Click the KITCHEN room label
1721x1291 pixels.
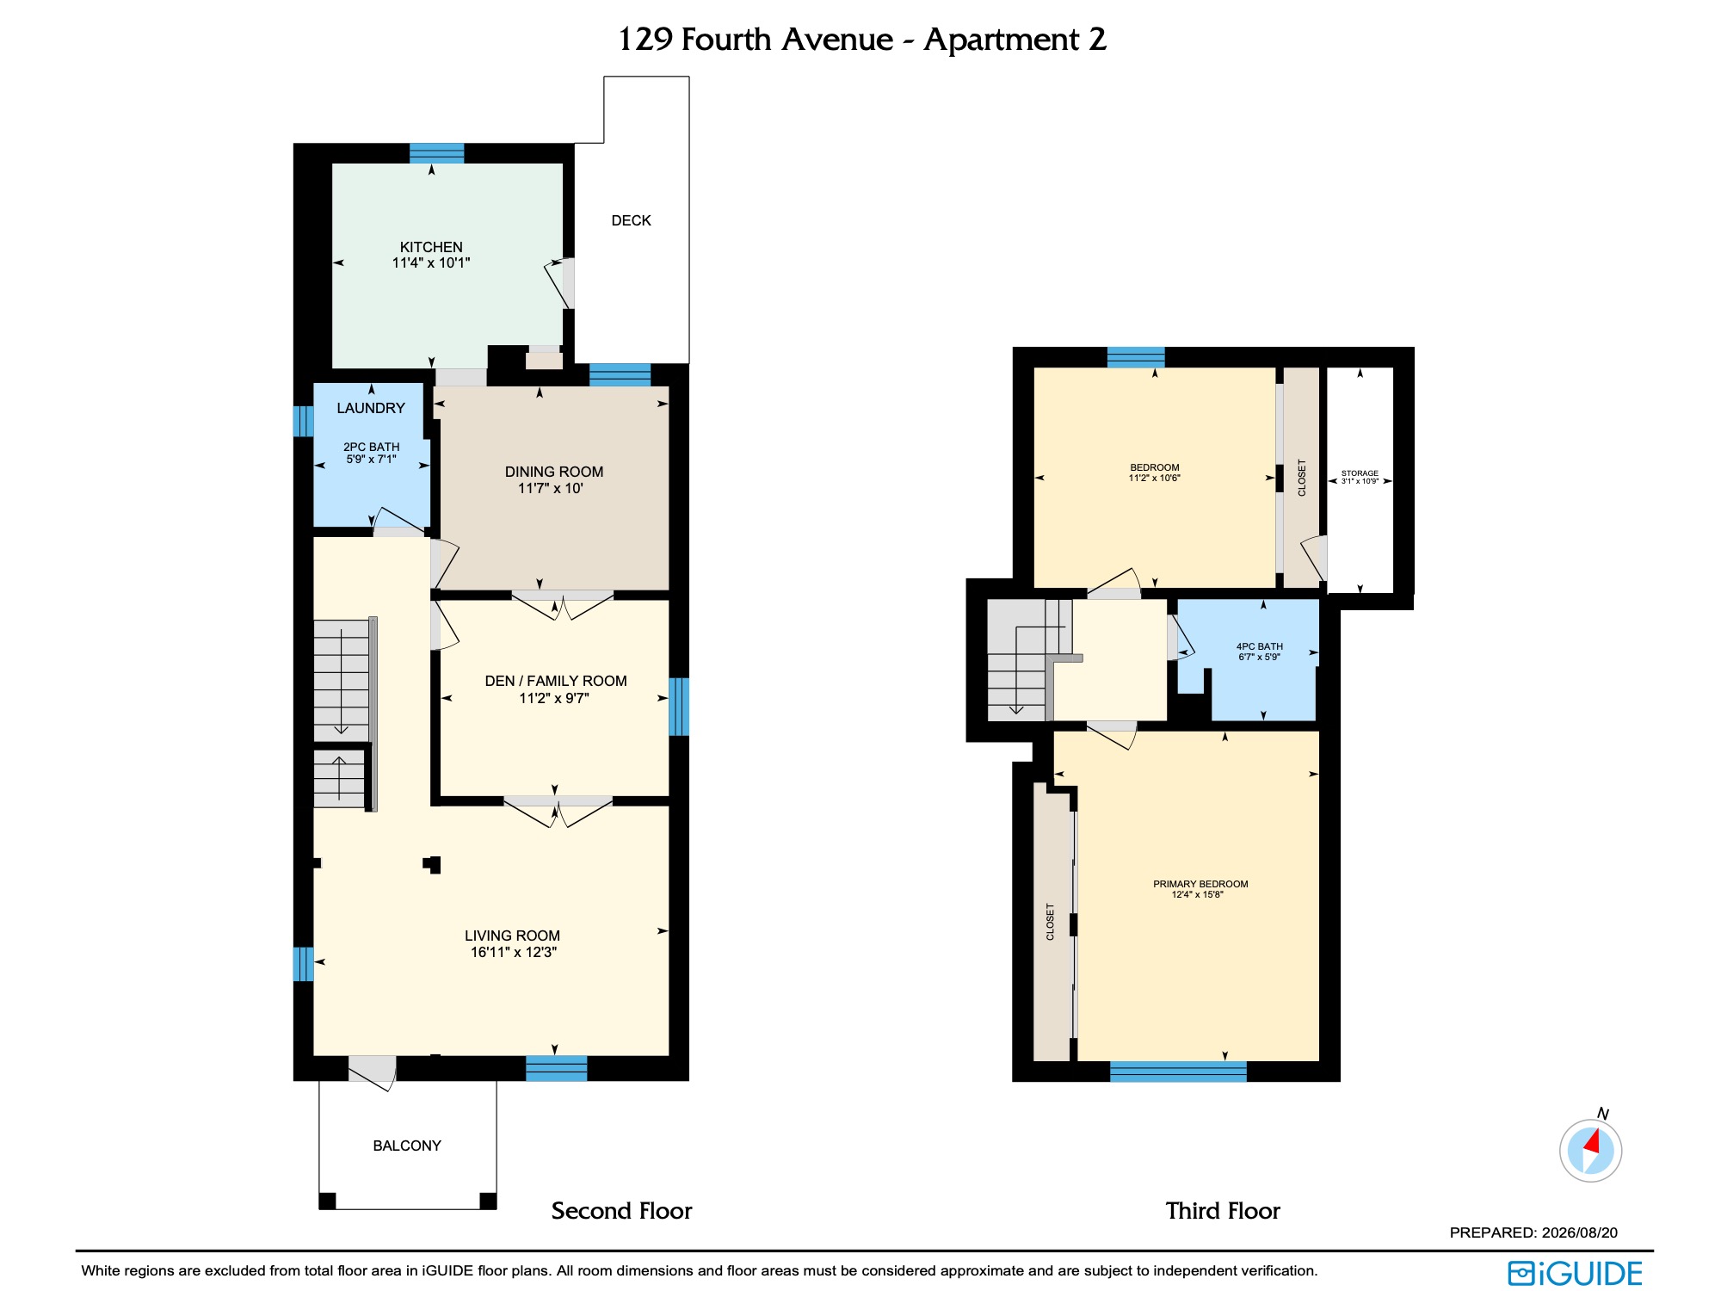coord(431,247)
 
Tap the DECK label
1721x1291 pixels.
coord(631,220)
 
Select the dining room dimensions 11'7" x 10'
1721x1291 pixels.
coord(551,488)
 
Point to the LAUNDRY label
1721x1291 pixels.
coord(371,408)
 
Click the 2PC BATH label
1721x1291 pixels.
coord(372,447)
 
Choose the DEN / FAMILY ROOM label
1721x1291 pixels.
coord(556,681)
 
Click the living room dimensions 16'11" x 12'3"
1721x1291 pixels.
coord(514,952)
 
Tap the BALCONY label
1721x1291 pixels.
coord(407,1146)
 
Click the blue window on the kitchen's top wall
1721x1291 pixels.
coord(437,153)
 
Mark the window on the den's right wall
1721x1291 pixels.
coord(679,707)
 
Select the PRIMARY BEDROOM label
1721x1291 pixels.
coord(1200,884)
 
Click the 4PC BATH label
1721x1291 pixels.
coord(1260,646)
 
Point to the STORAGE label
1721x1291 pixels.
coord(1360,473)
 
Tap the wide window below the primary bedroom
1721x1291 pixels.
coord(1178,1072)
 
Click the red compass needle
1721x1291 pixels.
coord(1592,1142)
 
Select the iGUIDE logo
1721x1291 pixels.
coord(1576,1274)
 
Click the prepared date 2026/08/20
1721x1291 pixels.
coord(1580,1232)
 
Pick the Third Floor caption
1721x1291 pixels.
coord(1223,1211)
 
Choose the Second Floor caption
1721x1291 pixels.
coord(621,1211)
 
